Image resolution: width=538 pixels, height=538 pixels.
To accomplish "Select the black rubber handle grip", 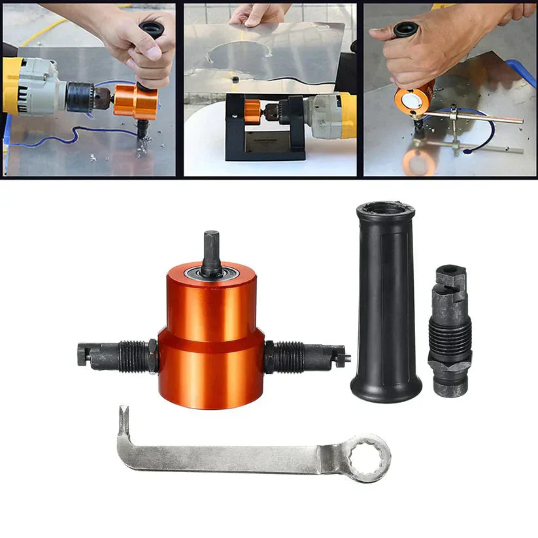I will pyautogui.click(x=386, y=307).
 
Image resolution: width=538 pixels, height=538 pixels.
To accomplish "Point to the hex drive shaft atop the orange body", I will pyautogui.click(x=211, y=252).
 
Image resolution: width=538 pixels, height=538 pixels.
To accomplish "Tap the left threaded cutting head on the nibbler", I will pyautogui.click(x=118, y=356).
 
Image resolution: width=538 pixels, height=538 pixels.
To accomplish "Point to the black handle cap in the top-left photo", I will pyautogui.click(x=151, y=29).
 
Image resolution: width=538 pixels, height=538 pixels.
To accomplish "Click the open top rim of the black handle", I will pyautogui.click(x=385, y=210).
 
